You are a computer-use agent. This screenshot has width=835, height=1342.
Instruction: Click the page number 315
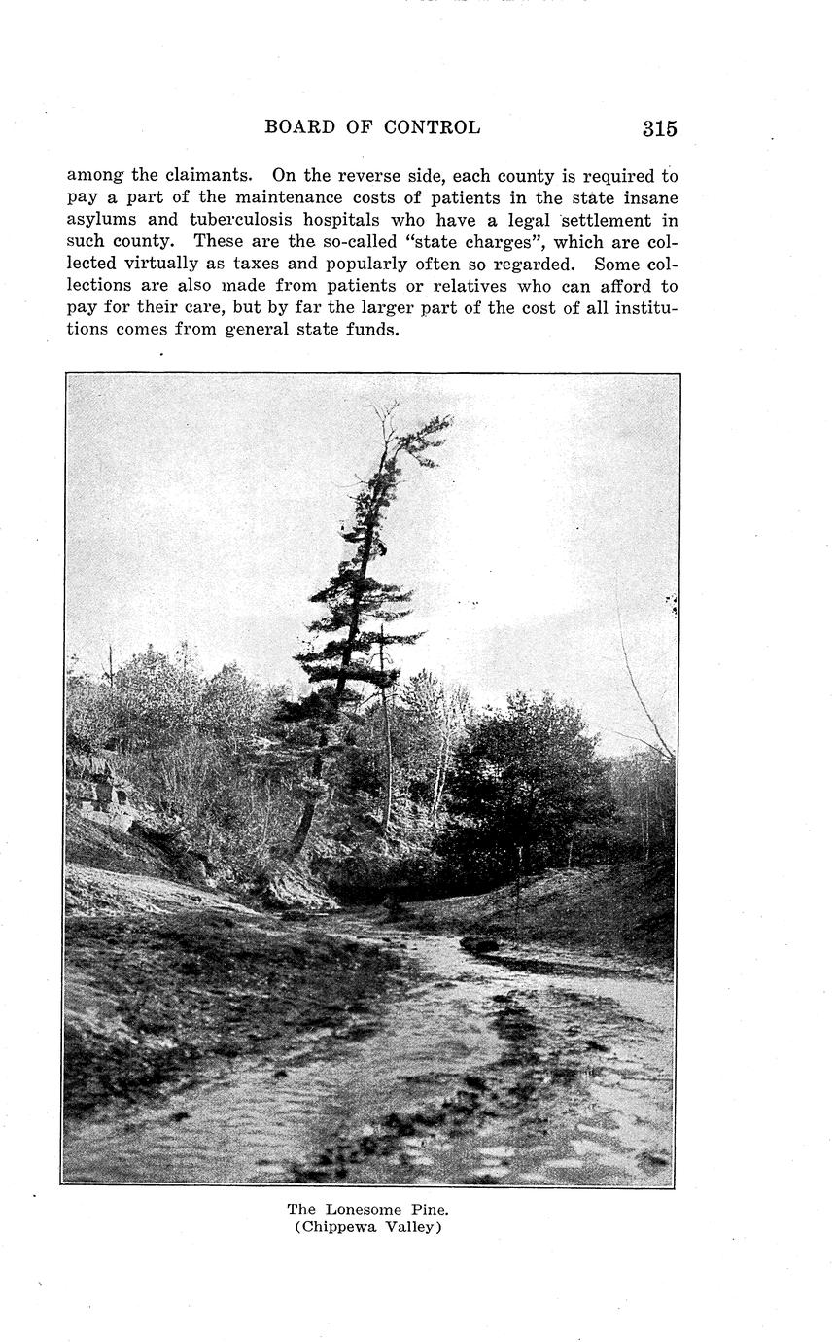click(659, 128)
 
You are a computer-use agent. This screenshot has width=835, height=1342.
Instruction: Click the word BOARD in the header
click(299, 127)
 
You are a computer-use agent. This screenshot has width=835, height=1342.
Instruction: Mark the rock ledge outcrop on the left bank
click(101, 793)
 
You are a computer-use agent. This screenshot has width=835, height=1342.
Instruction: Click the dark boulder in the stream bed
click(478, 944)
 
